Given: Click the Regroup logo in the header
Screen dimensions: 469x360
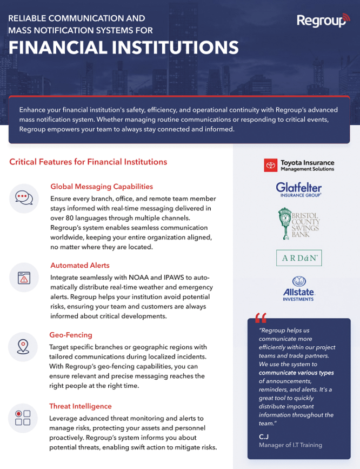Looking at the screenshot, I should tap(323, 21).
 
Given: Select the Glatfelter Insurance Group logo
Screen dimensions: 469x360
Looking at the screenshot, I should tap(299, 188).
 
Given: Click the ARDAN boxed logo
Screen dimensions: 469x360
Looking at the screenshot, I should tap(299, 257).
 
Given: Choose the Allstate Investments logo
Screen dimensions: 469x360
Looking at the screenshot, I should tap(298, 287).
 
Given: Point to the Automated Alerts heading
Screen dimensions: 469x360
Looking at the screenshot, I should tap(80, 266).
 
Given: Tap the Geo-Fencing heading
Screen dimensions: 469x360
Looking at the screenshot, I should tap(71, 335).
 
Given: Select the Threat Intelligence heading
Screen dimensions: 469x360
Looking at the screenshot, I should tap(81, 406).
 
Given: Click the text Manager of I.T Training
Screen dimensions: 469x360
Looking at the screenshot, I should tap(290, 445).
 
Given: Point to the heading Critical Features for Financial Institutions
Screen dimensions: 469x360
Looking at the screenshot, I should tap(88, 161).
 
